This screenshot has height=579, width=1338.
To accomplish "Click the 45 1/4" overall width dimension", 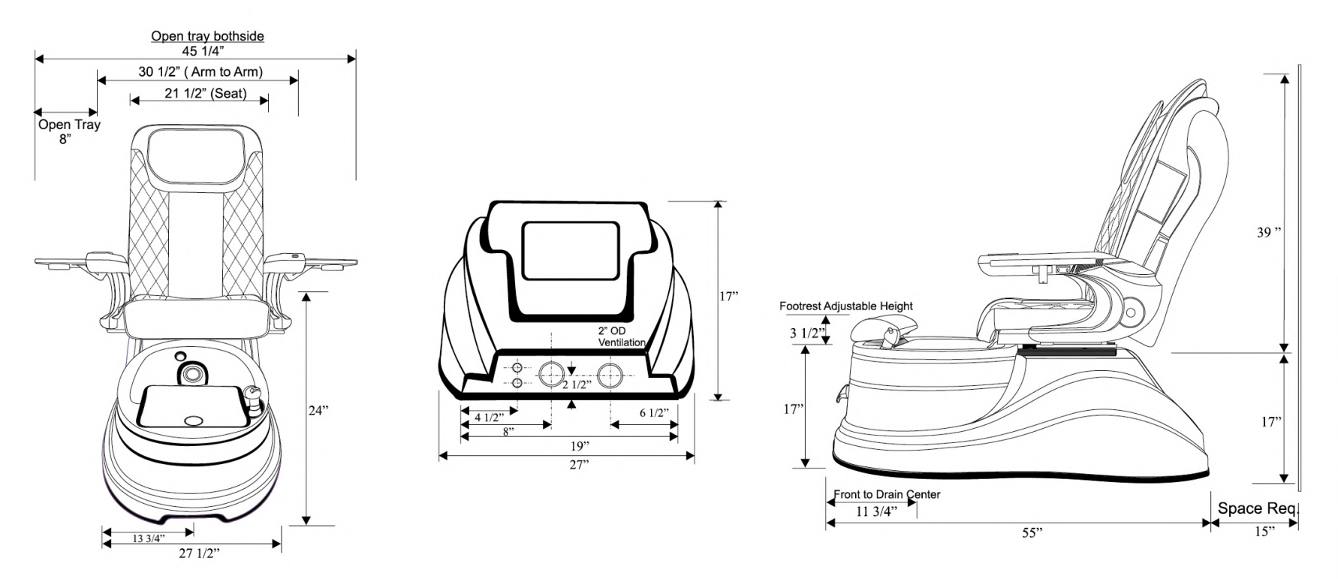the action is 203,51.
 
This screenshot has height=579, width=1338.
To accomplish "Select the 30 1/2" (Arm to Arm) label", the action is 200,72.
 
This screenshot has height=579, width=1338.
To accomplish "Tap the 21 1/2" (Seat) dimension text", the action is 206,94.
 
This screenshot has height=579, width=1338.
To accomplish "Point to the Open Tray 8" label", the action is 69,131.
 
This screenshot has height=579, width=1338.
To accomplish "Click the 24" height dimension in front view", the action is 318,411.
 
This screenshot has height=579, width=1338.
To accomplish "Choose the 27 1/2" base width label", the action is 199,553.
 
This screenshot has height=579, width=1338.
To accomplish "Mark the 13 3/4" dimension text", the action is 149,538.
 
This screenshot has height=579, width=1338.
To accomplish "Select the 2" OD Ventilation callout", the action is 621,337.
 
